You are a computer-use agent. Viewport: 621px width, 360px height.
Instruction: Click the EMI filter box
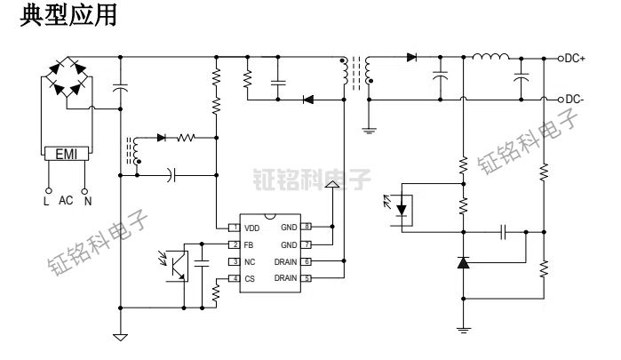tap(67, 155)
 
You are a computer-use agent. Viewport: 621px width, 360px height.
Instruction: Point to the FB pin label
tap(249, 244)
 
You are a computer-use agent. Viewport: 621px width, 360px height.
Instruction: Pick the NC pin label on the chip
tap(250, 261)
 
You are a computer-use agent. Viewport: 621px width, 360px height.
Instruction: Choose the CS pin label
tap(250, 278)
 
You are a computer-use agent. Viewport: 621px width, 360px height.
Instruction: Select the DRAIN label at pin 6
tap(286, 261)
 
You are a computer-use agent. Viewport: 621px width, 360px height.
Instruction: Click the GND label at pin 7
tap(290, 244)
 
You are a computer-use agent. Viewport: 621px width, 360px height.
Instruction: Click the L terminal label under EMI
tap(47, 201)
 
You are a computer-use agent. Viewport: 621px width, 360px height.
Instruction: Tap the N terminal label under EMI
tap(87, 201)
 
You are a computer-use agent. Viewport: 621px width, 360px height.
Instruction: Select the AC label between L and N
tap(67, 201)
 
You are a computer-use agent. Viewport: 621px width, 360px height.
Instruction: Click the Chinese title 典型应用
tap(68, 18)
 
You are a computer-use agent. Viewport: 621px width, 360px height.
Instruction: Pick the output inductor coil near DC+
tap(490, 59)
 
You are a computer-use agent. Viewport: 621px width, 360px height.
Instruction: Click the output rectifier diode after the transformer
tap(412, 58)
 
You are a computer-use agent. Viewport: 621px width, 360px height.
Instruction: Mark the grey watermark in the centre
tap(311, 180)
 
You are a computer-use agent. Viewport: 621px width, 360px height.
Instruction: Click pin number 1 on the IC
tap(232, 228)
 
